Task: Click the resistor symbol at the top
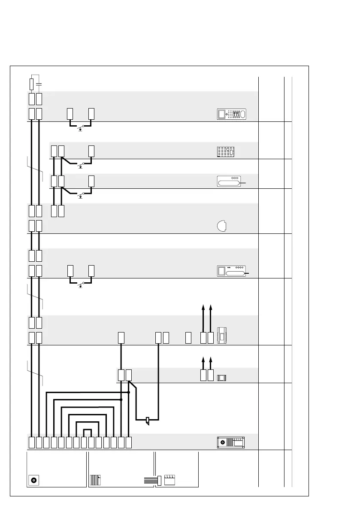(x=31, y=83)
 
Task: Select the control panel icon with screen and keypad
(x=232, y=114)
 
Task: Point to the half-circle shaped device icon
(x=221, y=226)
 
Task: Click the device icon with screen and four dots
(x=231, y=271)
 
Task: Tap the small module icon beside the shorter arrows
(x=222, y=378)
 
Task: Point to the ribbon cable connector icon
(x=151, y=480)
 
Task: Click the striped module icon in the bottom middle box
(x=96, y=480)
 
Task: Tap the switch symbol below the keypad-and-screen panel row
(x=81, y=127)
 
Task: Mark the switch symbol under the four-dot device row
(x=81, y=284)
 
